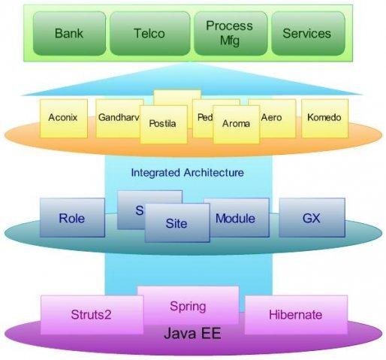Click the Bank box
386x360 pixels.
[70, 33]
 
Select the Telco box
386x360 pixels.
[150, 33]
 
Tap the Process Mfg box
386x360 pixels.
[230, 33]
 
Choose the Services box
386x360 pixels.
[307, 33]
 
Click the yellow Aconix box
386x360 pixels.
[64, 118]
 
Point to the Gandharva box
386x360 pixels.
[116, 118]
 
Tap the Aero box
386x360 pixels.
[273, 118]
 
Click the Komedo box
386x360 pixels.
[324, 118]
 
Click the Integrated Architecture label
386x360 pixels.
[187, 173]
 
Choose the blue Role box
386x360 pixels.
[72, 219]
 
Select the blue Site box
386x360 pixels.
[177, 223]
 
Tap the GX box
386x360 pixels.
[312, 218]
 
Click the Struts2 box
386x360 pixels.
[91, 315]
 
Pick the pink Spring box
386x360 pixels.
[188, 306]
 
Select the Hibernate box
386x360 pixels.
[295, 315]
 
